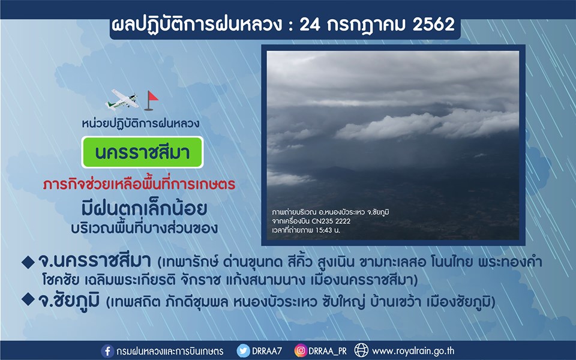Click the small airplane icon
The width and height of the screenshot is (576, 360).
coord(122,100)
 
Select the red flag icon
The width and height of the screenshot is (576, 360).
coord(151,101)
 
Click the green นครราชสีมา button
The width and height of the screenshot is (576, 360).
coord(142,152)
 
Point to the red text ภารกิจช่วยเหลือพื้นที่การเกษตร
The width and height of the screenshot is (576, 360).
coord(139,184)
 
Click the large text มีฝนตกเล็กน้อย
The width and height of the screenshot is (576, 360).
coord(144,209)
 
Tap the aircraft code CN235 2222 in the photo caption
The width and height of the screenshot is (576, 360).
coord(331,221)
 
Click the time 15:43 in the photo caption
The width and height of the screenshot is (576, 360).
coord(323,230)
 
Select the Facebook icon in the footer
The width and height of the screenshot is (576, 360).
coord(107,351)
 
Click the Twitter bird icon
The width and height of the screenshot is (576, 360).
coord(243,351)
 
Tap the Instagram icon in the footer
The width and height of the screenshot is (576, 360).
coord(301,351)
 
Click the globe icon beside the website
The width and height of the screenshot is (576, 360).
coord(361,350)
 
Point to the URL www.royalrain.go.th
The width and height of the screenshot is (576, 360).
coord(413,351)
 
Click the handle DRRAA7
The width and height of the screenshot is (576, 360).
coord(266,351)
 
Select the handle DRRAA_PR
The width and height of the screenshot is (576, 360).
coord(328,352)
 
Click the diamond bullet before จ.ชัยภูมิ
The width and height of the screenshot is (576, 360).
coord(28,299)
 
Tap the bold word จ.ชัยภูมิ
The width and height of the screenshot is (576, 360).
coord(68,301)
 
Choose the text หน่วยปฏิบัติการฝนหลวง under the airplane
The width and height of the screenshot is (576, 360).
coord(140,123)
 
